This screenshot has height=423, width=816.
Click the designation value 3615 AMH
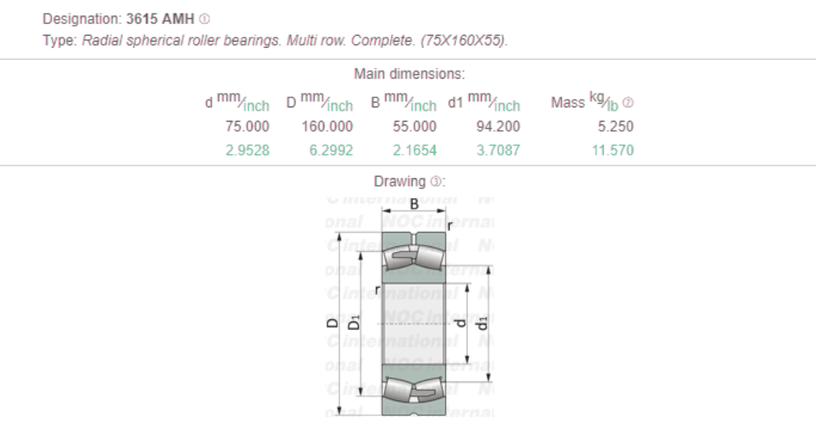tap(160, 18)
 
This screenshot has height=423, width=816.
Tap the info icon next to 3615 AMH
tap(204, 18)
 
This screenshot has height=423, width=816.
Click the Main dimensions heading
tap(409, 74)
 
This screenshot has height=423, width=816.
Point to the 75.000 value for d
tap(247, 126)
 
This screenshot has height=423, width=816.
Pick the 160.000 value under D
tap(327, 126)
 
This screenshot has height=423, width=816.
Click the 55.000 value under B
tap(414, 126)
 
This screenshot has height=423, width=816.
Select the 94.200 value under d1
tap(497, 126)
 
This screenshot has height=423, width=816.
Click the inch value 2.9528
tap(247, 150)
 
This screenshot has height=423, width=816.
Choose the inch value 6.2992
tap(331, 150)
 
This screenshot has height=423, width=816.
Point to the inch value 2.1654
tap(414, 150)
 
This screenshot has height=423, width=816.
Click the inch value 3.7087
tap(498, 150)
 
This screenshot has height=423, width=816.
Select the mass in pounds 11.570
tap(612, 150)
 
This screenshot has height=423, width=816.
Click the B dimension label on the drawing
tap(414, 204)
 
